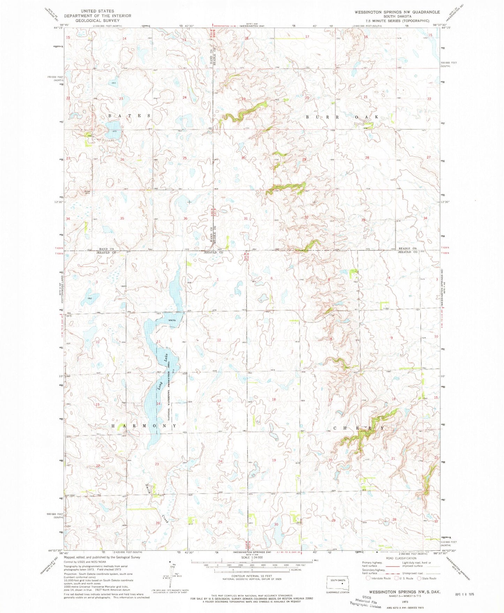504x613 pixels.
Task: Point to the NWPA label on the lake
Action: [x=171, y=320]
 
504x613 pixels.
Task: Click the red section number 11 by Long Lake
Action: [x=159, y=341]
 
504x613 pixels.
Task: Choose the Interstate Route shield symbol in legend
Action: [x=368, y=578]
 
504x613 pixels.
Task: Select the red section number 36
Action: [x=186, y=218]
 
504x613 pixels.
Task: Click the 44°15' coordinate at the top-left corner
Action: [x=58, y=28]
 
